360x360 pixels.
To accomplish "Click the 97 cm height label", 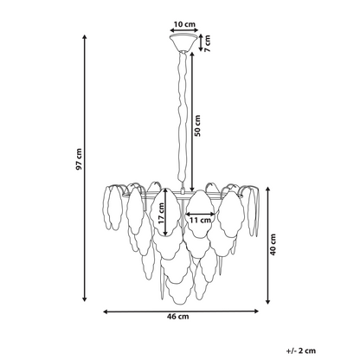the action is click(x=79, y=159).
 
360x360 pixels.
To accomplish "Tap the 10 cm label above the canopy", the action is click(x=184, y=24).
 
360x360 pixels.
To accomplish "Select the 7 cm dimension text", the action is click(x=207, y=43).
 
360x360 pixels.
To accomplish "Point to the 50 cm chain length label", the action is click(x=197, y=125).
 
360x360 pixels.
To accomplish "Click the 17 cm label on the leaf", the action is click(x=161, y=213).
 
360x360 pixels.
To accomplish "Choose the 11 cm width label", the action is click(x=201, y=220).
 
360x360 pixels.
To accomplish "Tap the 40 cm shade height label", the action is click(x=273, y=244).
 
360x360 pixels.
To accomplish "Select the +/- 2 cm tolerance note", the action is click(x=301, y=350).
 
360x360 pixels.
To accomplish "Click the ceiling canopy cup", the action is click(x=184, y=42).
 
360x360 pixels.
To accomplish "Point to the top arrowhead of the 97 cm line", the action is click(x=85, y=36).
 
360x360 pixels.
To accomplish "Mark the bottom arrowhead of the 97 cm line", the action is click(x=85, y=299).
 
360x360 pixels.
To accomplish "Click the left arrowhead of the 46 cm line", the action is click(x=106, y=312).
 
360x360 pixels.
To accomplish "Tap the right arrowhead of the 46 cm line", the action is click(x=256, y=311).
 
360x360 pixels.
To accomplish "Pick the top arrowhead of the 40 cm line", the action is click(x=268, y=190).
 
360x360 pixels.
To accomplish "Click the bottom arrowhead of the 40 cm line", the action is click(x=268, y=301).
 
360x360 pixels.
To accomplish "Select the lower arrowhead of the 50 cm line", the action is click(x=192, y=189).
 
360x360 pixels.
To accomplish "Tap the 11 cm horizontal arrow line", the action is click(x=201, y=214).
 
